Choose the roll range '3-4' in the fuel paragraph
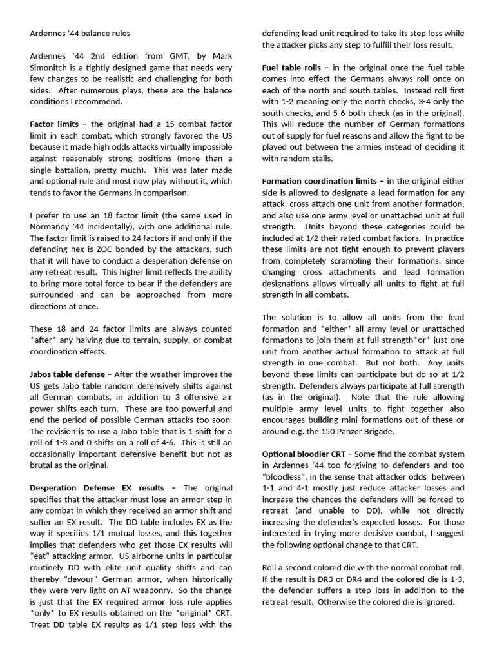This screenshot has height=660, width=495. point(406,101)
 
